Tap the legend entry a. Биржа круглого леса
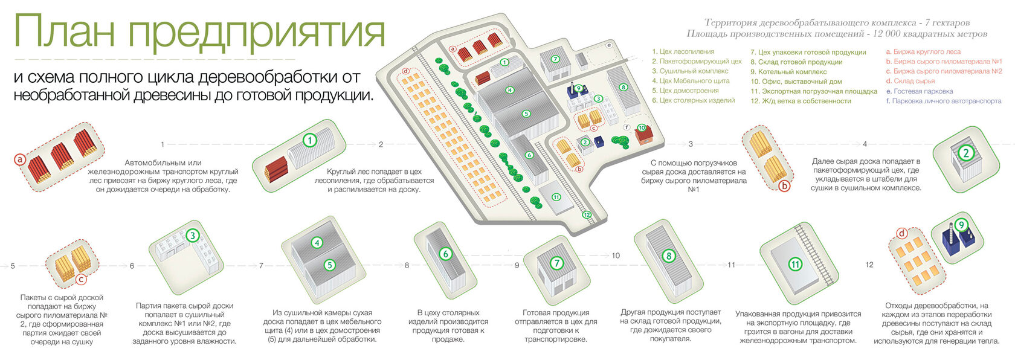[923, 52]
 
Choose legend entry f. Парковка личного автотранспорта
[943, 101]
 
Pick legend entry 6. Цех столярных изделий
[693, 100]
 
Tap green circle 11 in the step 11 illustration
[795, 264]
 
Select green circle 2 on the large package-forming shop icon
[965, 153]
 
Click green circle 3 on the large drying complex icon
[192, 236]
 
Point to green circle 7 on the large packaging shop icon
[556, 263]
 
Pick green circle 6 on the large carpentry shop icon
[445, 254]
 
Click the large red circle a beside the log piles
[21, 159]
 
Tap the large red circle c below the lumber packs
[81, 279]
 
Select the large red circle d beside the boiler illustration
[902, 233]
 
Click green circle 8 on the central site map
[623, 87]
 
